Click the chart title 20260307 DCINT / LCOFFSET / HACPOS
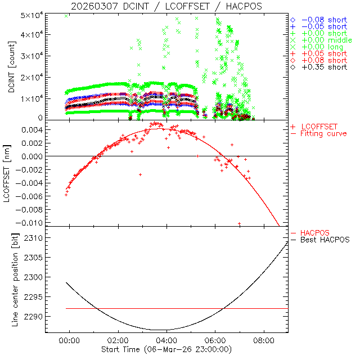pyautogui.click(x=166, y=6)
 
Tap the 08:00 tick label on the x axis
pyautogui.click(x=263, y=341)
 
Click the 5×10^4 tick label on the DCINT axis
pyautogui.click(x=31, y=15)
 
